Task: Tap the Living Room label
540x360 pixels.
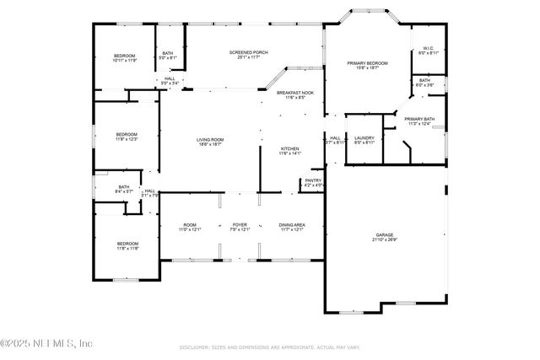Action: [x=209, y=142]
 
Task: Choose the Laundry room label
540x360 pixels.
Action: [x=364, y=140]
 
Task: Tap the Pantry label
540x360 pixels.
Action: [x=313, y=182]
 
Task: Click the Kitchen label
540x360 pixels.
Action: [x=289, y=151]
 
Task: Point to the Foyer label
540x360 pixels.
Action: [x=240, y=226]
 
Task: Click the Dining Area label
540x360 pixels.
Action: [x=292, y=226]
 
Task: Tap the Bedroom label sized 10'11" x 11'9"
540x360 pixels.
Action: [x=124, y=57]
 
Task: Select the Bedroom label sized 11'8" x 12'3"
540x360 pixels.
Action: [x=127, y=137]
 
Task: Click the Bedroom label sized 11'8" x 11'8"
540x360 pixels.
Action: [x=127, y=245]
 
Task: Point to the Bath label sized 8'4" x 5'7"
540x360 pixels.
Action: [x=124, y=189]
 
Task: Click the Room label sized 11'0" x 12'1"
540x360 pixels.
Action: [x=189, y=226]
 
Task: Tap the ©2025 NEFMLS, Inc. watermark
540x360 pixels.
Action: [x=46, y=343]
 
